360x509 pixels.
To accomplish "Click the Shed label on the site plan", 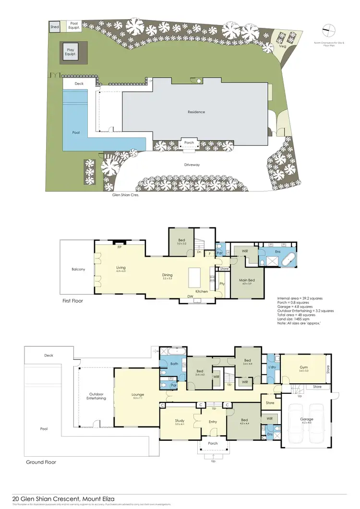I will click(x=55, y=27).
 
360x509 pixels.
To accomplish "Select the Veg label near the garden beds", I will click(x=283, y=47).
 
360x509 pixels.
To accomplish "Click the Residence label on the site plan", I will click(x=196, y=112).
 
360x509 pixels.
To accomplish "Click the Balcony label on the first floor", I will click(x=78, y=269).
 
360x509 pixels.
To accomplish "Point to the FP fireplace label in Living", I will click(x=119, y=248).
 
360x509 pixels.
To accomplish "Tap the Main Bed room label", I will click(x=247, y=281).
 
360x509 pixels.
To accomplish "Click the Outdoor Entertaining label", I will click(x=96, y=396).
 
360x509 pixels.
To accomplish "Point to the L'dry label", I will click(x=272, y=367).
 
